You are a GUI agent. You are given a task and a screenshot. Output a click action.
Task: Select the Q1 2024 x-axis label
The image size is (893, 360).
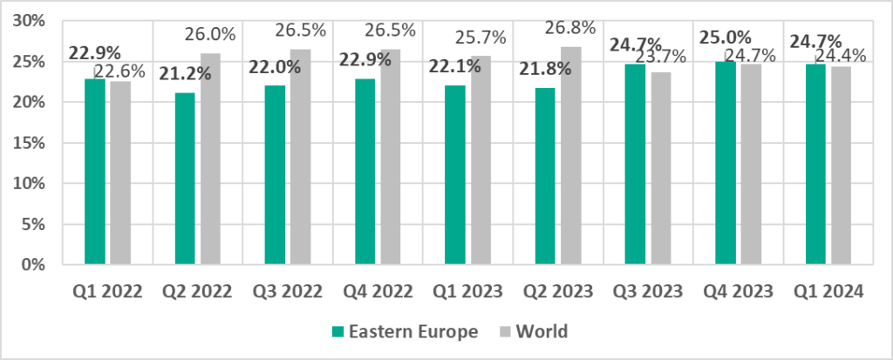coord(828,292)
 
